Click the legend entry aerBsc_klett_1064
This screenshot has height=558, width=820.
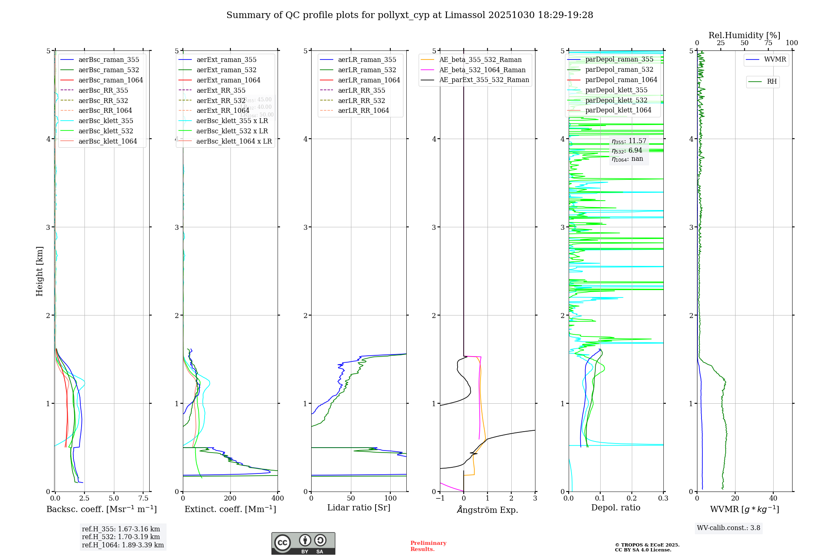pos(107,141)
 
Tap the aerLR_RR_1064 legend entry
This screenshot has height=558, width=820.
pos(363,110)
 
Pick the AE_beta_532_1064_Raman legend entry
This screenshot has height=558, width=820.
pos(482,70)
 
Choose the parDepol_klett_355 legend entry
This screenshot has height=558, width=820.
pos(616,90)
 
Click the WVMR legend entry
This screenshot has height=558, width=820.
pos(775,59)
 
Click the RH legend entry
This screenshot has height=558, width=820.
pos(772,82)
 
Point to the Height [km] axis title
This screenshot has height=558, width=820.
pos(39,271)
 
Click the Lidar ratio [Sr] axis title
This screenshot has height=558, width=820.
pos(359,508)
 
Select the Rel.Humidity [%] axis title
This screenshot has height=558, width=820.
pos(744,35)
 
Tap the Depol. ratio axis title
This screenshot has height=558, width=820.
pos(615,508)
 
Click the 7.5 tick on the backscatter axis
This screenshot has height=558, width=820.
pos(143,499)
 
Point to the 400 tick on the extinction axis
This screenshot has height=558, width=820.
pos(278,499)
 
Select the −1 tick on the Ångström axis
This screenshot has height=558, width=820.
pos(440,499)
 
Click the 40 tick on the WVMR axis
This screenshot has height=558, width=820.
pos(773,499)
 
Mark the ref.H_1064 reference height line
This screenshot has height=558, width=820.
pos(123,545)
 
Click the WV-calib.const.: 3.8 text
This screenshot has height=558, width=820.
pos(729,528)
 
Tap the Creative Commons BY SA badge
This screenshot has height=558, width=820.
pos(303,543)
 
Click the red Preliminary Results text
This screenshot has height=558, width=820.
pos(428,546)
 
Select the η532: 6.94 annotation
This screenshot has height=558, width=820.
pos(627,151)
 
